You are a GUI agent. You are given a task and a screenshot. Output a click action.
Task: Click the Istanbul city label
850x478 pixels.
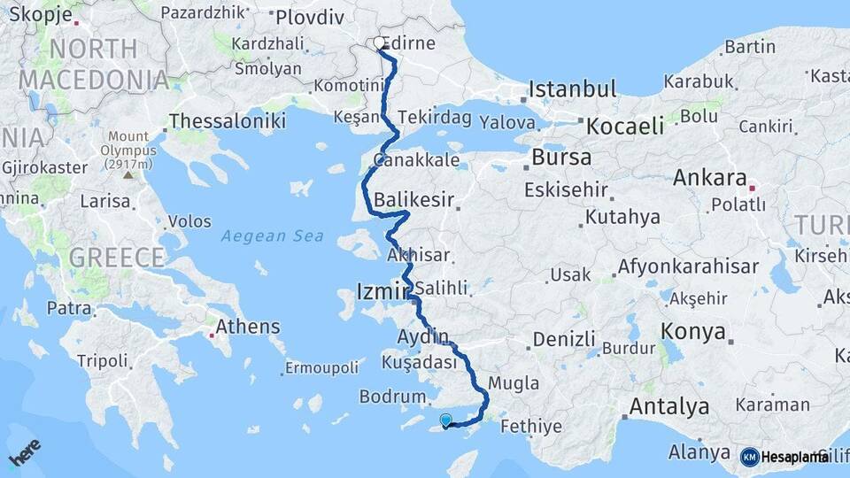click(x=572, y=89)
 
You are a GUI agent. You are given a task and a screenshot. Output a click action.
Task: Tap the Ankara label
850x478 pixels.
click(x=709, y=178)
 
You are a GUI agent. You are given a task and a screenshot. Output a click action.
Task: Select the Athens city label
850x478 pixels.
click(x=248, y=327)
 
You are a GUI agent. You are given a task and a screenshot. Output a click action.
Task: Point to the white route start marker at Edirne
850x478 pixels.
click(x=380, y=42)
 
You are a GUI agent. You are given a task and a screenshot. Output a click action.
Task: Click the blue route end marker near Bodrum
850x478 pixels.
click(x=445, y=420)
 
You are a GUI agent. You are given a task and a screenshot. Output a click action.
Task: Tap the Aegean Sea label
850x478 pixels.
click(x=272, y=235)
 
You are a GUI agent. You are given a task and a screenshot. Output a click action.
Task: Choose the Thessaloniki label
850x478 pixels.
click(x=228, y=120)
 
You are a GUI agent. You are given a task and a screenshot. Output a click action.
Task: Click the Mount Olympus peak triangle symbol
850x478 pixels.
click(x=128, y=174)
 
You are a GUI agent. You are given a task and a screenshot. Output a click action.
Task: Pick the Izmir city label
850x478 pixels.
click(x=382, y=290)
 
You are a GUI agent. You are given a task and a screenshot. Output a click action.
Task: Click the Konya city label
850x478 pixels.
click(x=693, y=332)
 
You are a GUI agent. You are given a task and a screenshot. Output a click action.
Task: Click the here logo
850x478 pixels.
click(x=26, y=454)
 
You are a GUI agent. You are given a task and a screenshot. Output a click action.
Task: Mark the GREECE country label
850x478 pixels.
click(x=117, y=258)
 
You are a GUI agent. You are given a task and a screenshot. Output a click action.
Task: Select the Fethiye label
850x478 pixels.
click(x=531, y=426)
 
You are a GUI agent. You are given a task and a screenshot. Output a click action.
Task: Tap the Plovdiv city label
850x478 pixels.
click(x=308, y=17)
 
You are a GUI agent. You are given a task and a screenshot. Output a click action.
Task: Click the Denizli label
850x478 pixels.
click(x=564, y=338)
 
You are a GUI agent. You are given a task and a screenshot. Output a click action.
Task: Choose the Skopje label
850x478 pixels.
click(x=38, y=14)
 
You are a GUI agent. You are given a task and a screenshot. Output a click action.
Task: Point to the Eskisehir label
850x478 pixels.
click(x=566, y=189)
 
